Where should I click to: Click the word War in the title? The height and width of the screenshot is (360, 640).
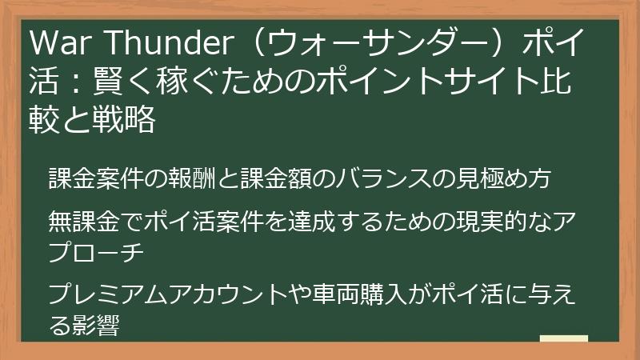(x=59, y=42)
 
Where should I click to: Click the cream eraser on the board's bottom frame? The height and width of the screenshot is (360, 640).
(x=563, y=342)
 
